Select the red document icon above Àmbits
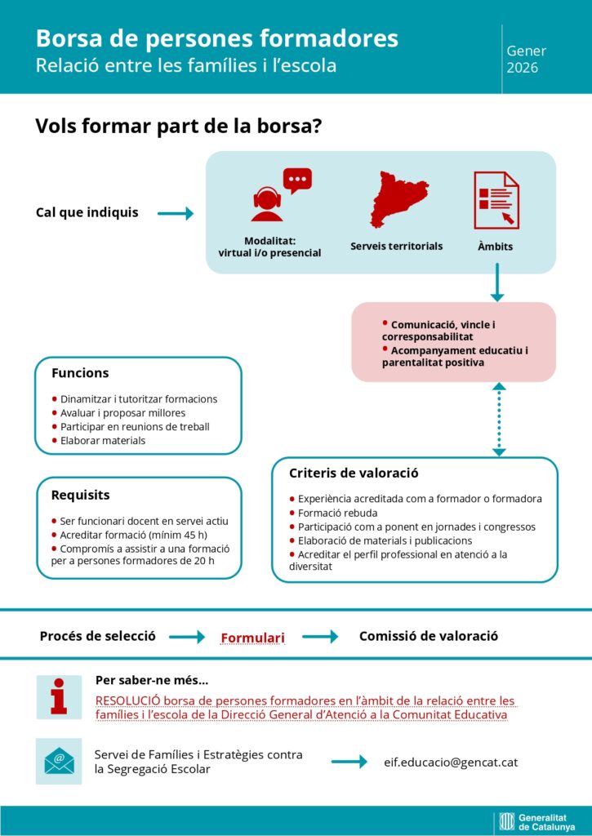pyautogui.click(x=496, y=200)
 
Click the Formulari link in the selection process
pyautogui.click(x=252, y=637)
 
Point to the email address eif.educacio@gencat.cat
pyautogui.click(x=450, y=762)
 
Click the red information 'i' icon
pyautogui.click(x=58, y=696)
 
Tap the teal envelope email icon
pyautogui.click(x=58, y=761)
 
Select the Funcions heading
pyautogui.click(x=80, y=373)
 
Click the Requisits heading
pyautogui.click(x=80, y=495)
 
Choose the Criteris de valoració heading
pyautogui.click(x=349, y=473)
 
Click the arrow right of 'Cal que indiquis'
pyautogui.click(x=175, y=214)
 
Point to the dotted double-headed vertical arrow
pyautogui.click(x=499, y=419)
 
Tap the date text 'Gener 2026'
pyautogui.click(x=526, y=59)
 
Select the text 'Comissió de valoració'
pyautogui.click(x=428, y=636)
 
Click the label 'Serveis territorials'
pyautogui.click(x=396, y=246)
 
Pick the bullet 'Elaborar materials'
pyautogui.click(x=103, y=441)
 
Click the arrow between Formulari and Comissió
pyautogui.click(x=320, y=637)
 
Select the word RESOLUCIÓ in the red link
pyautogui.click(x=128, y=700)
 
